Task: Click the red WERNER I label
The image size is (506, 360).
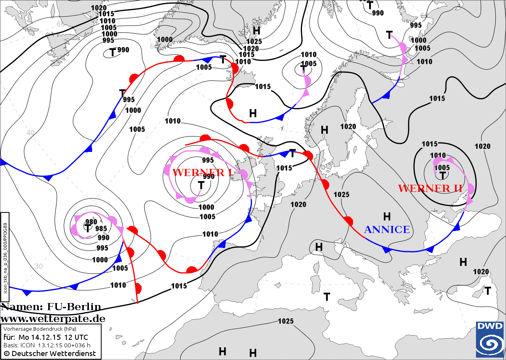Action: coord(202,172)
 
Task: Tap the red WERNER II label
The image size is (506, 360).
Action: coord(430,188)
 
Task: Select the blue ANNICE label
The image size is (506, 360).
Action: coord(387,229)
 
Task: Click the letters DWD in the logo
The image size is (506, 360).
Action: coord(490,326)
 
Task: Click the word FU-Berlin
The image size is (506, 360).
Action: coord(74,307)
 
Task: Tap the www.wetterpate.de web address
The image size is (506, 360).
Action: coord(53,318)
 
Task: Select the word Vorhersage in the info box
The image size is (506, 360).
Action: coord(17,329)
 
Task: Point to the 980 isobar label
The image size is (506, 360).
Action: coord(91,222)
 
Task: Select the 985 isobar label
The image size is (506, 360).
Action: coord(101,229)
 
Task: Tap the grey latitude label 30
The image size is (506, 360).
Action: coord(38,266)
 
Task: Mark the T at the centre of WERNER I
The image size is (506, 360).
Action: coord(201,185)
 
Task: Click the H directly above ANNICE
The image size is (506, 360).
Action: coord(387,216)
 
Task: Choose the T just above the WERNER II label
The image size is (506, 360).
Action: coord(443,175)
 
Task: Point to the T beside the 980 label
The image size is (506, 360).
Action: coord(87,228)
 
